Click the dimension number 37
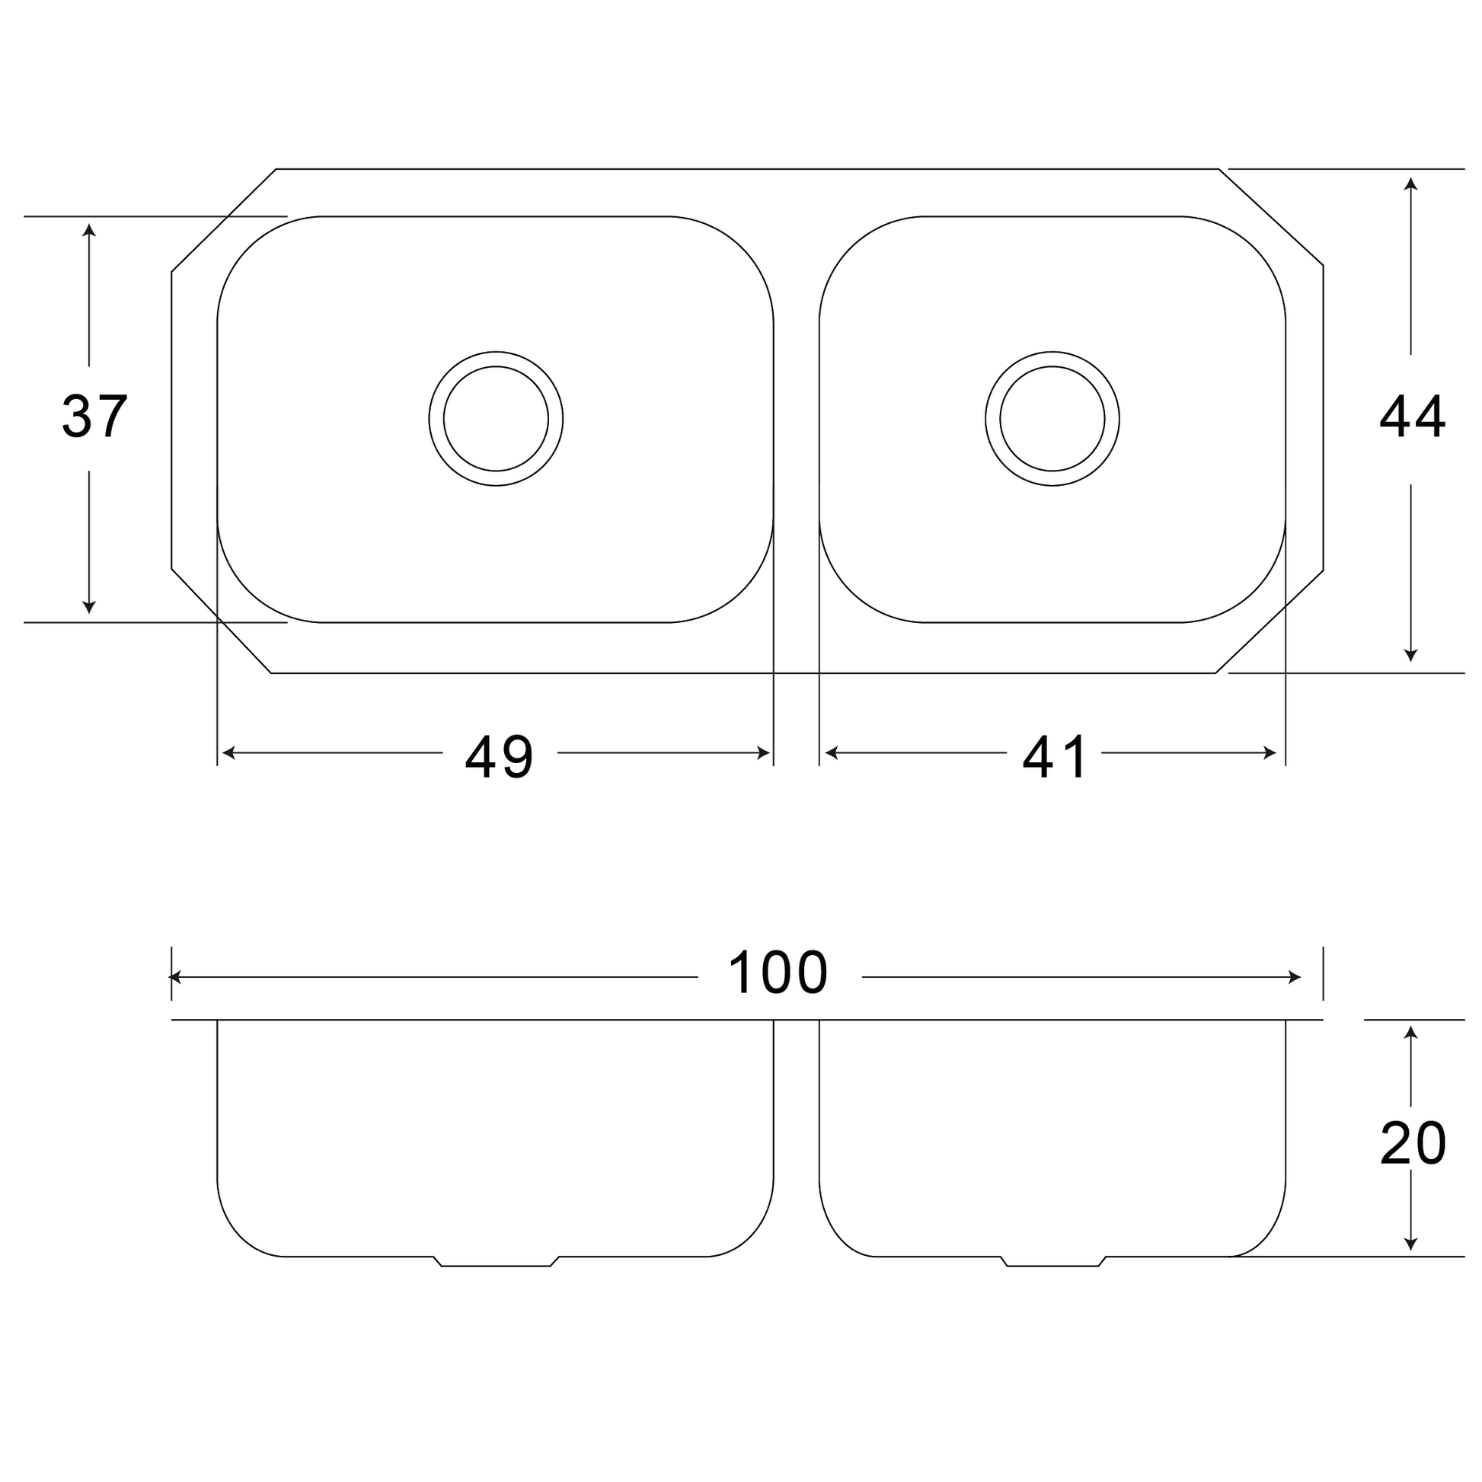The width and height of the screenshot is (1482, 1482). (94, 417)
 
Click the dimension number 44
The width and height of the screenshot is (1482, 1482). (1412, 417)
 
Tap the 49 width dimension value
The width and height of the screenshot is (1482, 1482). (499, 757)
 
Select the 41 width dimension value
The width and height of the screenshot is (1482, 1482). (1054, 757)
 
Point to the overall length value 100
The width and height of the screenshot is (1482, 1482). (778, 973)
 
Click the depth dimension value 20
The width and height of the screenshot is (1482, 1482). (1413, 1144)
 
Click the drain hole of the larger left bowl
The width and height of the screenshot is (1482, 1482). (496, 419)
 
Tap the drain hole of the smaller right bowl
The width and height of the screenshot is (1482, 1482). (1052, 419)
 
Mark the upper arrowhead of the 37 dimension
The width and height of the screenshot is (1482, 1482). (89, 229)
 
